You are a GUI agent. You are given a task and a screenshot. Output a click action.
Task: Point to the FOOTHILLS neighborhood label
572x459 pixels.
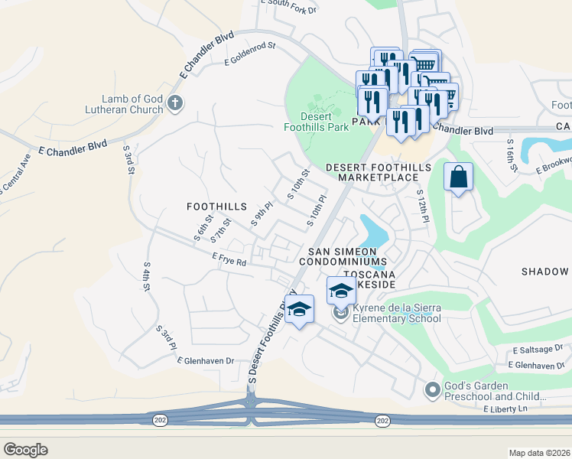point(217,207)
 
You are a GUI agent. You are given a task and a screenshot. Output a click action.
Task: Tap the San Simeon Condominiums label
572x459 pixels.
point(342,256)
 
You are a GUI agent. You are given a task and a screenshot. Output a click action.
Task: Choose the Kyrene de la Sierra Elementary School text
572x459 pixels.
point(398,312)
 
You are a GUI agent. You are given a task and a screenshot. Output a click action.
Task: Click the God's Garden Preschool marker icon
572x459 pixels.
point(433,390)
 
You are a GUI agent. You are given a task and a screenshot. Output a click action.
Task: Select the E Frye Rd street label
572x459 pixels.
point(229,261)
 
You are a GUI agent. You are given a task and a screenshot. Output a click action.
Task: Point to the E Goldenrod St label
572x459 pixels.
point(249,57)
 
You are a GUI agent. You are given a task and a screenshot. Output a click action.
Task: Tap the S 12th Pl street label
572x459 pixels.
point(421,208)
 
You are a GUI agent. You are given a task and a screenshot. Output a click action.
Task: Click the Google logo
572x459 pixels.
point(25,449)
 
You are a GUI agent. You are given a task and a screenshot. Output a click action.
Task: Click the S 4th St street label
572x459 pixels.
point(145,278)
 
